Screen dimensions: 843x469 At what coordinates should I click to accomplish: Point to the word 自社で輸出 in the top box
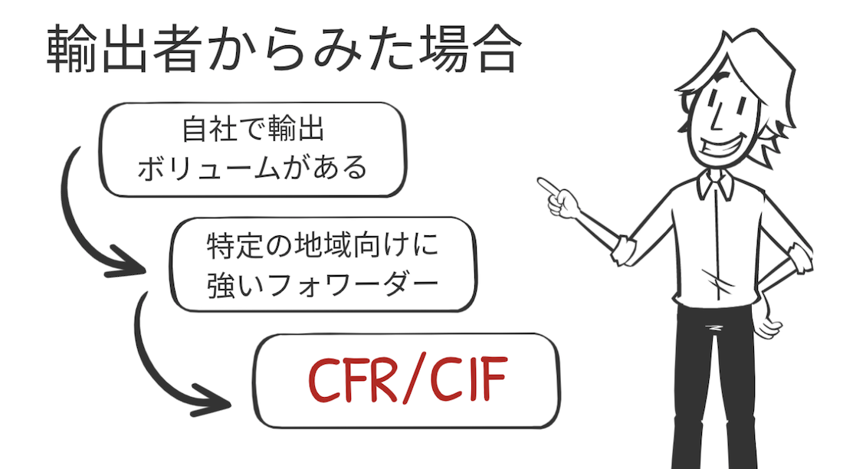(253, 130)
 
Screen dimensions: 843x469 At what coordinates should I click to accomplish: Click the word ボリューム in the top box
(208, 168)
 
